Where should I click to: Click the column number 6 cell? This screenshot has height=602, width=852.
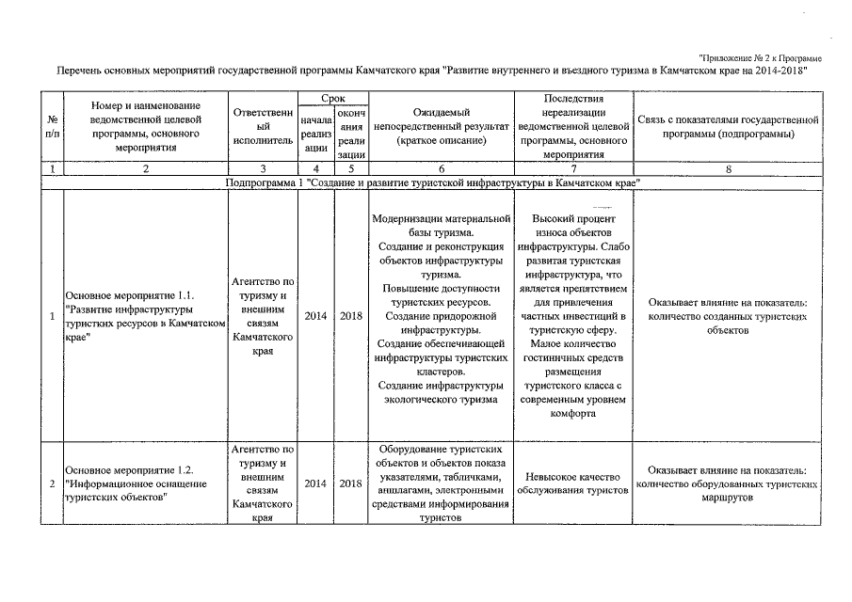(x=441, y=169)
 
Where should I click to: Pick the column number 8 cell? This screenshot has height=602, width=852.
(x=728, y=169)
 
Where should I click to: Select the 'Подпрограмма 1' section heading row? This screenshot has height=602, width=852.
(x=434, y=182)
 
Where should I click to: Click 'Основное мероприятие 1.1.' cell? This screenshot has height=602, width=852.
(x=146, y=315)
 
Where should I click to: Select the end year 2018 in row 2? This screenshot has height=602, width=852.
(x=351, y=483)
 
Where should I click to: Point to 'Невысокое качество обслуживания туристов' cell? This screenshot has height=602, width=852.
(x=573, y=483)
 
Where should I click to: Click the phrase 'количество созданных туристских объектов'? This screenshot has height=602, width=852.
(x=728, y=324)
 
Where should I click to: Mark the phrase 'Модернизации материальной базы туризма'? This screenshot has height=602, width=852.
(x=441, y=225)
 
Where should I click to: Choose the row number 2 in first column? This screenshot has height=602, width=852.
(x=53, y=483)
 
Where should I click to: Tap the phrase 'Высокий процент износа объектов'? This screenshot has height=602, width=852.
(x=573, y=225)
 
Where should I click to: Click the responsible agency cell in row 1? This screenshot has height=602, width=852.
(x=263, y=316)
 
